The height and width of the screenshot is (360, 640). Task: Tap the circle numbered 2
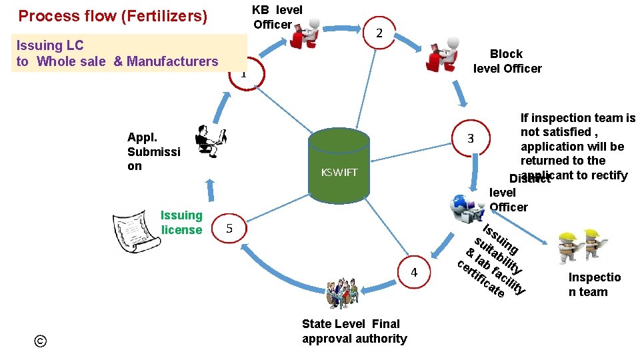378,33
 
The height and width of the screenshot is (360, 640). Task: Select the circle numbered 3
470,139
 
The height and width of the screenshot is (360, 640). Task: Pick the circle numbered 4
414,272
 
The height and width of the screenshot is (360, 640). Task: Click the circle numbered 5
229,228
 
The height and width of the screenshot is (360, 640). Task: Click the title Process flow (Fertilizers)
113,16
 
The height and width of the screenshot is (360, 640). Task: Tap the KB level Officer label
277,17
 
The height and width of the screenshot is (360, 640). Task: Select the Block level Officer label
507,61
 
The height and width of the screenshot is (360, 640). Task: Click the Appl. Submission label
153,151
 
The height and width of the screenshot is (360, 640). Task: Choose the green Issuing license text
181,223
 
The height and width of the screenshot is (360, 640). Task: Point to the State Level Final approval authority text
353,331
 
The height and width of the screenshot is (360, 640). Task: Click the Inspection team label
594,285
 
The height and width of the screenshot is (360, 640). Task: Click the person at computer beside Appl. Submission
211,140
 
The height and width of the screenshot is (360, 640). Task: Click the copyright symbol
41,341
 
